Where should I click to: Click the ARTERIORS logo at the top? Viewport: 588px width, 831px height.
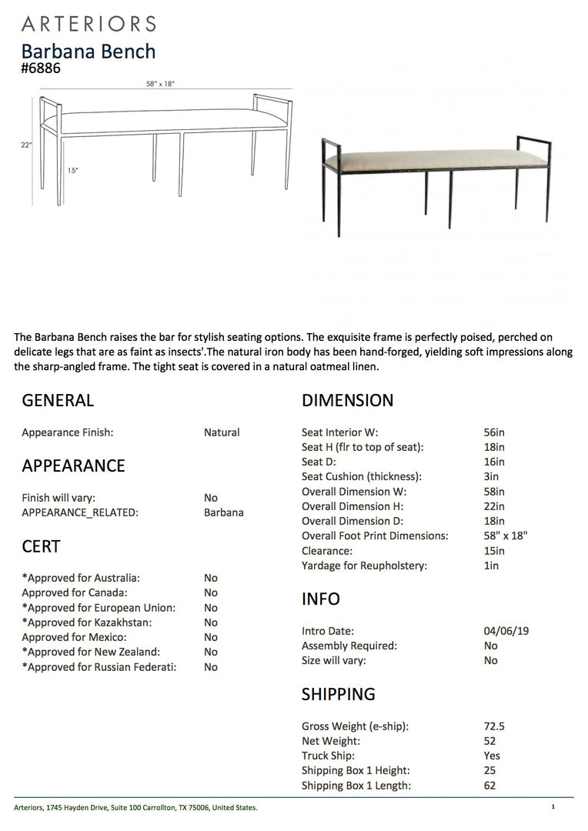click(x=89, y=24)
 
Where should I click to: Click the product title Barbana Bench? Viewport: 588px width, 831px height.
click(x=89, y=52)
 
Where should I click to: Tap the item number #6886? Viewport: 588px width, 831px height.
click(x=41, y=68)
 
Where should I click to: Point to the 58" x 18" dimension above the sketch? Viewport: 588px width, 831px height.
click(x=160, y=84)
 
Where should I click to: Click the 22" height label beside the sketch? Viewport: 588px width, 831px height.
click(x=26, y=145)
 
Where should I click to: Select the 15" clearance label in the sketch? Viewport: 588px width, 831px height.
click(x=72, y=171)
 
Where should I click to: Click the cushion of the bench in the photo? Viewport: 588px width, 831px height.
click(x=431, y=160)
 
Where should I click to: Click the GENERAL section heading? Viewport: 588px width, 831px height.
click(x=58, y=400)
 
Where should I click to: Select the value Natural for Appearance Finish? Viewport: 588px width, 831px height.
click(x=222, y=432)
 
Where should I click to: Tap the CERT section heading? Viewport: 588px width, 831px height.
click(x=41, y=546)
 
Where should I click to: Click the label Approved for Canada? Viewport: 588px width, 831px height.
click(x=75, y=592)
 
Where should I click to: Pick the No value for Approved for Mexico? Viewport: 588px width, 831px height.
click(x=211, y=637)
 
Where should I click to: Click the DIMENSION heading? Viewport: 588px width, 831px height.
click(x=347, y=400)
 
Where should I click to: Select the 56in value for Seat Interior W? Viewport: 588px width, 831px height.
click(x=494, y=432)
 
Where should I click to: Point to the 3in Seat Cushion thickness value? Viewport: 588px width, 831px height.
click(x=491, y=477)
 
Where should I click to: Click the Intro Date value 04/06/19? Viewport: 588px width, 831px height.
click(x=506, y=631)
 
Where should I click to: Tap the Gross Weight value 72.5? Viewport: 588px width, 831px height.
click(x=493, y=726)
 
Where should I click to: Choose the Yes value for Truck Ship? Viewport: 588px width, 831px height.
click(x=492, y=756)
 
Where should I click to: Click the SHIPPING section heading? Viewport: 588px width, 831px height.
click(x=339, y=694)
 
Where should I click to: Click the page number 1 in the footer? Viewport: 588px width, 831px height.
click(x=553, y=807)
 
